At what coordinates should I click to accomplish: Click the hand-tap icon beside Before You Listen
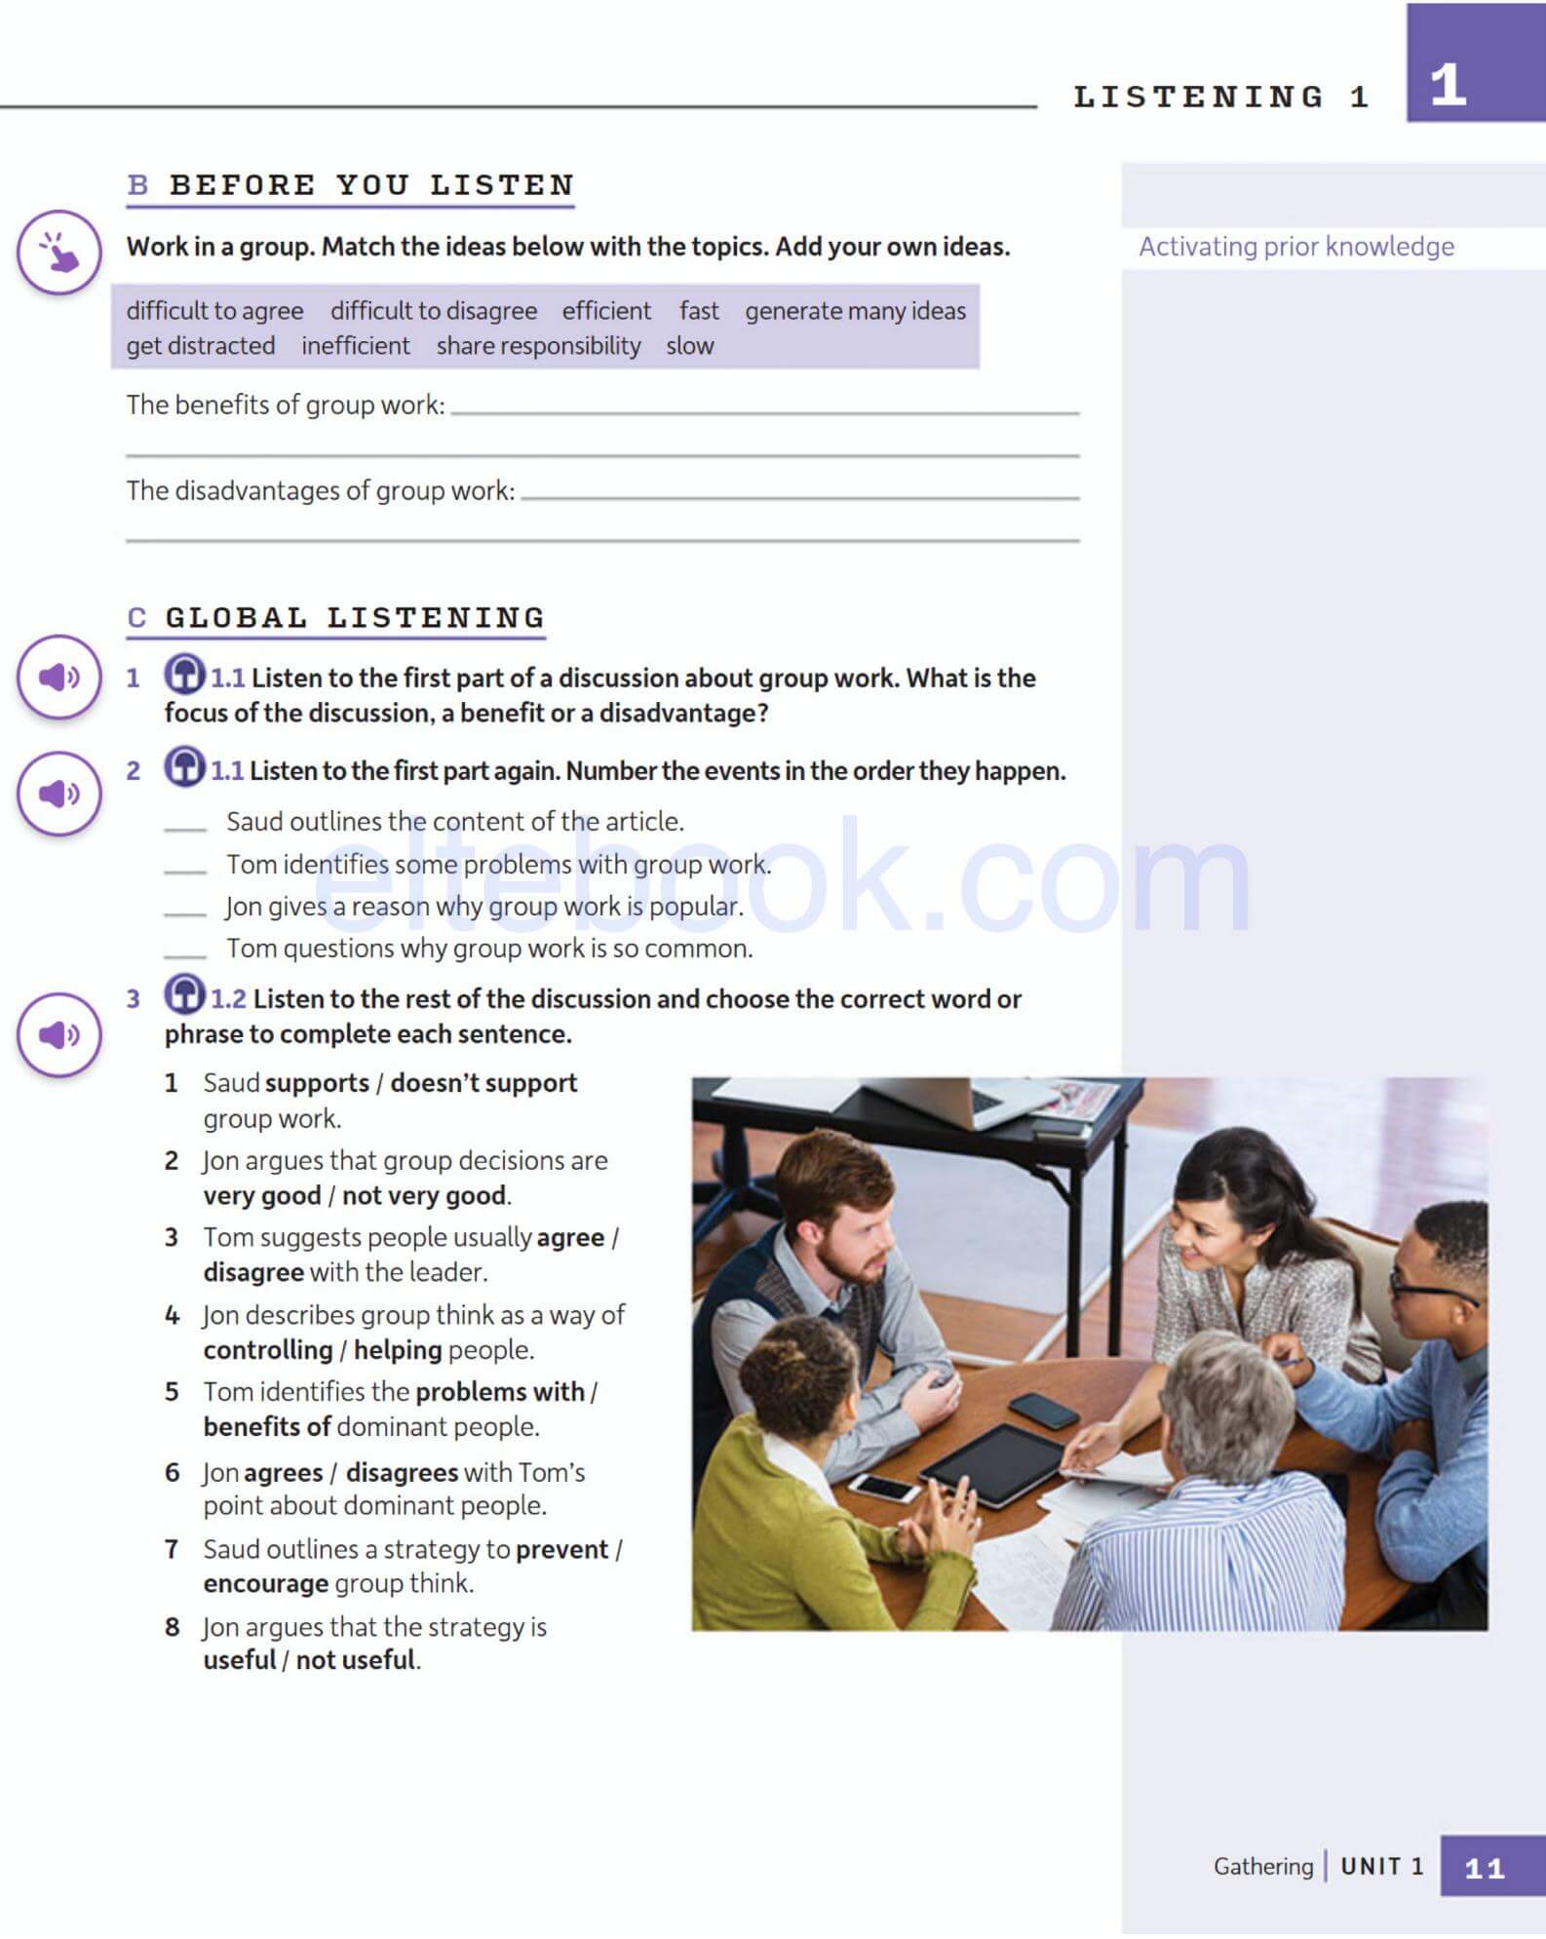(x=58, y=252)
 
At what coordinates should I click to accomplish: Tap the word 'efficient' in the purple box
(x=605, y=311)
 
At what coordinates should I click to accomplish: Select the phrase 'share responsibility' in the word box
(x=538, y=346)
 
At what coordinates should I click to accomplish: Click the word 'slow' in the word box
(x=689, y=346)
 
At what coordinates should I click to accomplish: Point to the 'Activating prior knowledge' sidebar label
(x=1295, y=247)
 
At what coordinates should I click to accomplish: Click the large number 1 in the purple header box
(x=1448, y=85)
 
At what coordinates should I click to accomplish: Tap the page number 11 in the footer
(x=1484, y=1868)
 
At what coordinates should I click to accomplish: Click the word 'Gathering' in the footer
(x=1262, y=1866)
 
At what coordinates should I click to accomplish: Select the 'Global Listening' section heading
(x=354, y=618)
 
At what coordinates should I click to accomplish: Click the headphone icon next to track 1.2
(x=184, y=994)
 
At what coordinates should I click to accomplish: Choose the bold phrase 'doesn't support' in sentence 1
(x=483, y=1083)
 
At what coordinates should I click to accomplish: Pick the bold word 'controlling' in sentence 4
(x=268, y=1350)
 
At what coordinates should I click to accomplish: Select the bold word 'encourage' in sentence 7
(x=265, y=1583)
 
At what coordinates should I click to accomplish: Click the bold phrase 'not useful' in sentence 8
(x=356, y=1660)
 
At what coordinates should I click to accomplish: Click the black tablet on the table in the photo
(x=991, y=1461)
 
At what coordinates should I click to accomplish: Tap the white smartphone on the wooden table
(x=882, y=1487)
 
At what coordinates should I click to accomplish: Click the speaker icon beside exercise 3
(x=58, y=1034)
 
